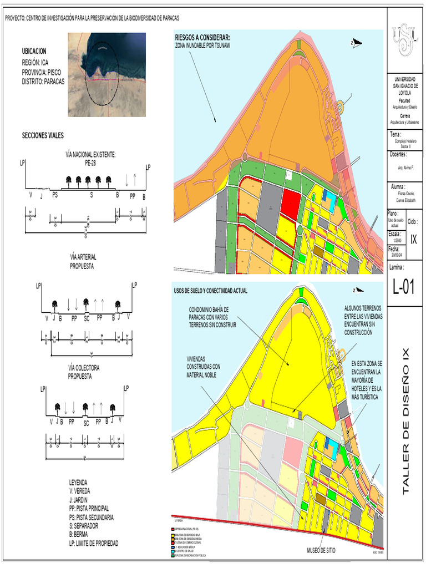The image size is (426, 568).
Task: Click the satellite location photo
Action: pyautogui.click(x=106, y=74)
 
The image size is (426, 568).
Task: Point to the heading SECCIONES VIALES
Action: pyautogui.click(x=43, y=135)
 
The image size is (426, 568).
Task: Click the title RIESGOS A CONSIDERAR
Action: pyautogui.click(x=202, y=38)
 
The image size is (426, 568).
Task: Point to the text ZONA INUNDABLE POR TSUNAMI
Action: pyautogui.click(x=202, y=44)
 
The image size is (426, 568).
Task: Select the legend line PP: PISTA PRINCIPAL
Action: pyautogui.click(x=89, y=508)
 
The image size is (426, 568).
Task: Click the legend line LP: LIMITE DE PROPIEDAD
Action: pyautogui.click(x=94, y=543)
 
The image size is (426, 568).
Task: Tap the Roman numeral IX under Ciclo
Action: pyautogui.click(x=414, y=239)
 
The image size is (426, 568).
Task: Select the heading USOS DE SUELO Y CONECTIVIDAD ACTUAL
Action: pyautogui.click(x=211, y=291)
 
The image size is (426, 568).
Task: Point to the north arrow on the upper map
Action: pyautogui.click(x=356, y=42)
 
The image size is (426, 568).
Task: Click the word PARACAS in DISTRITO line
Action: pyautogui.click(x=53, y=81)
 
